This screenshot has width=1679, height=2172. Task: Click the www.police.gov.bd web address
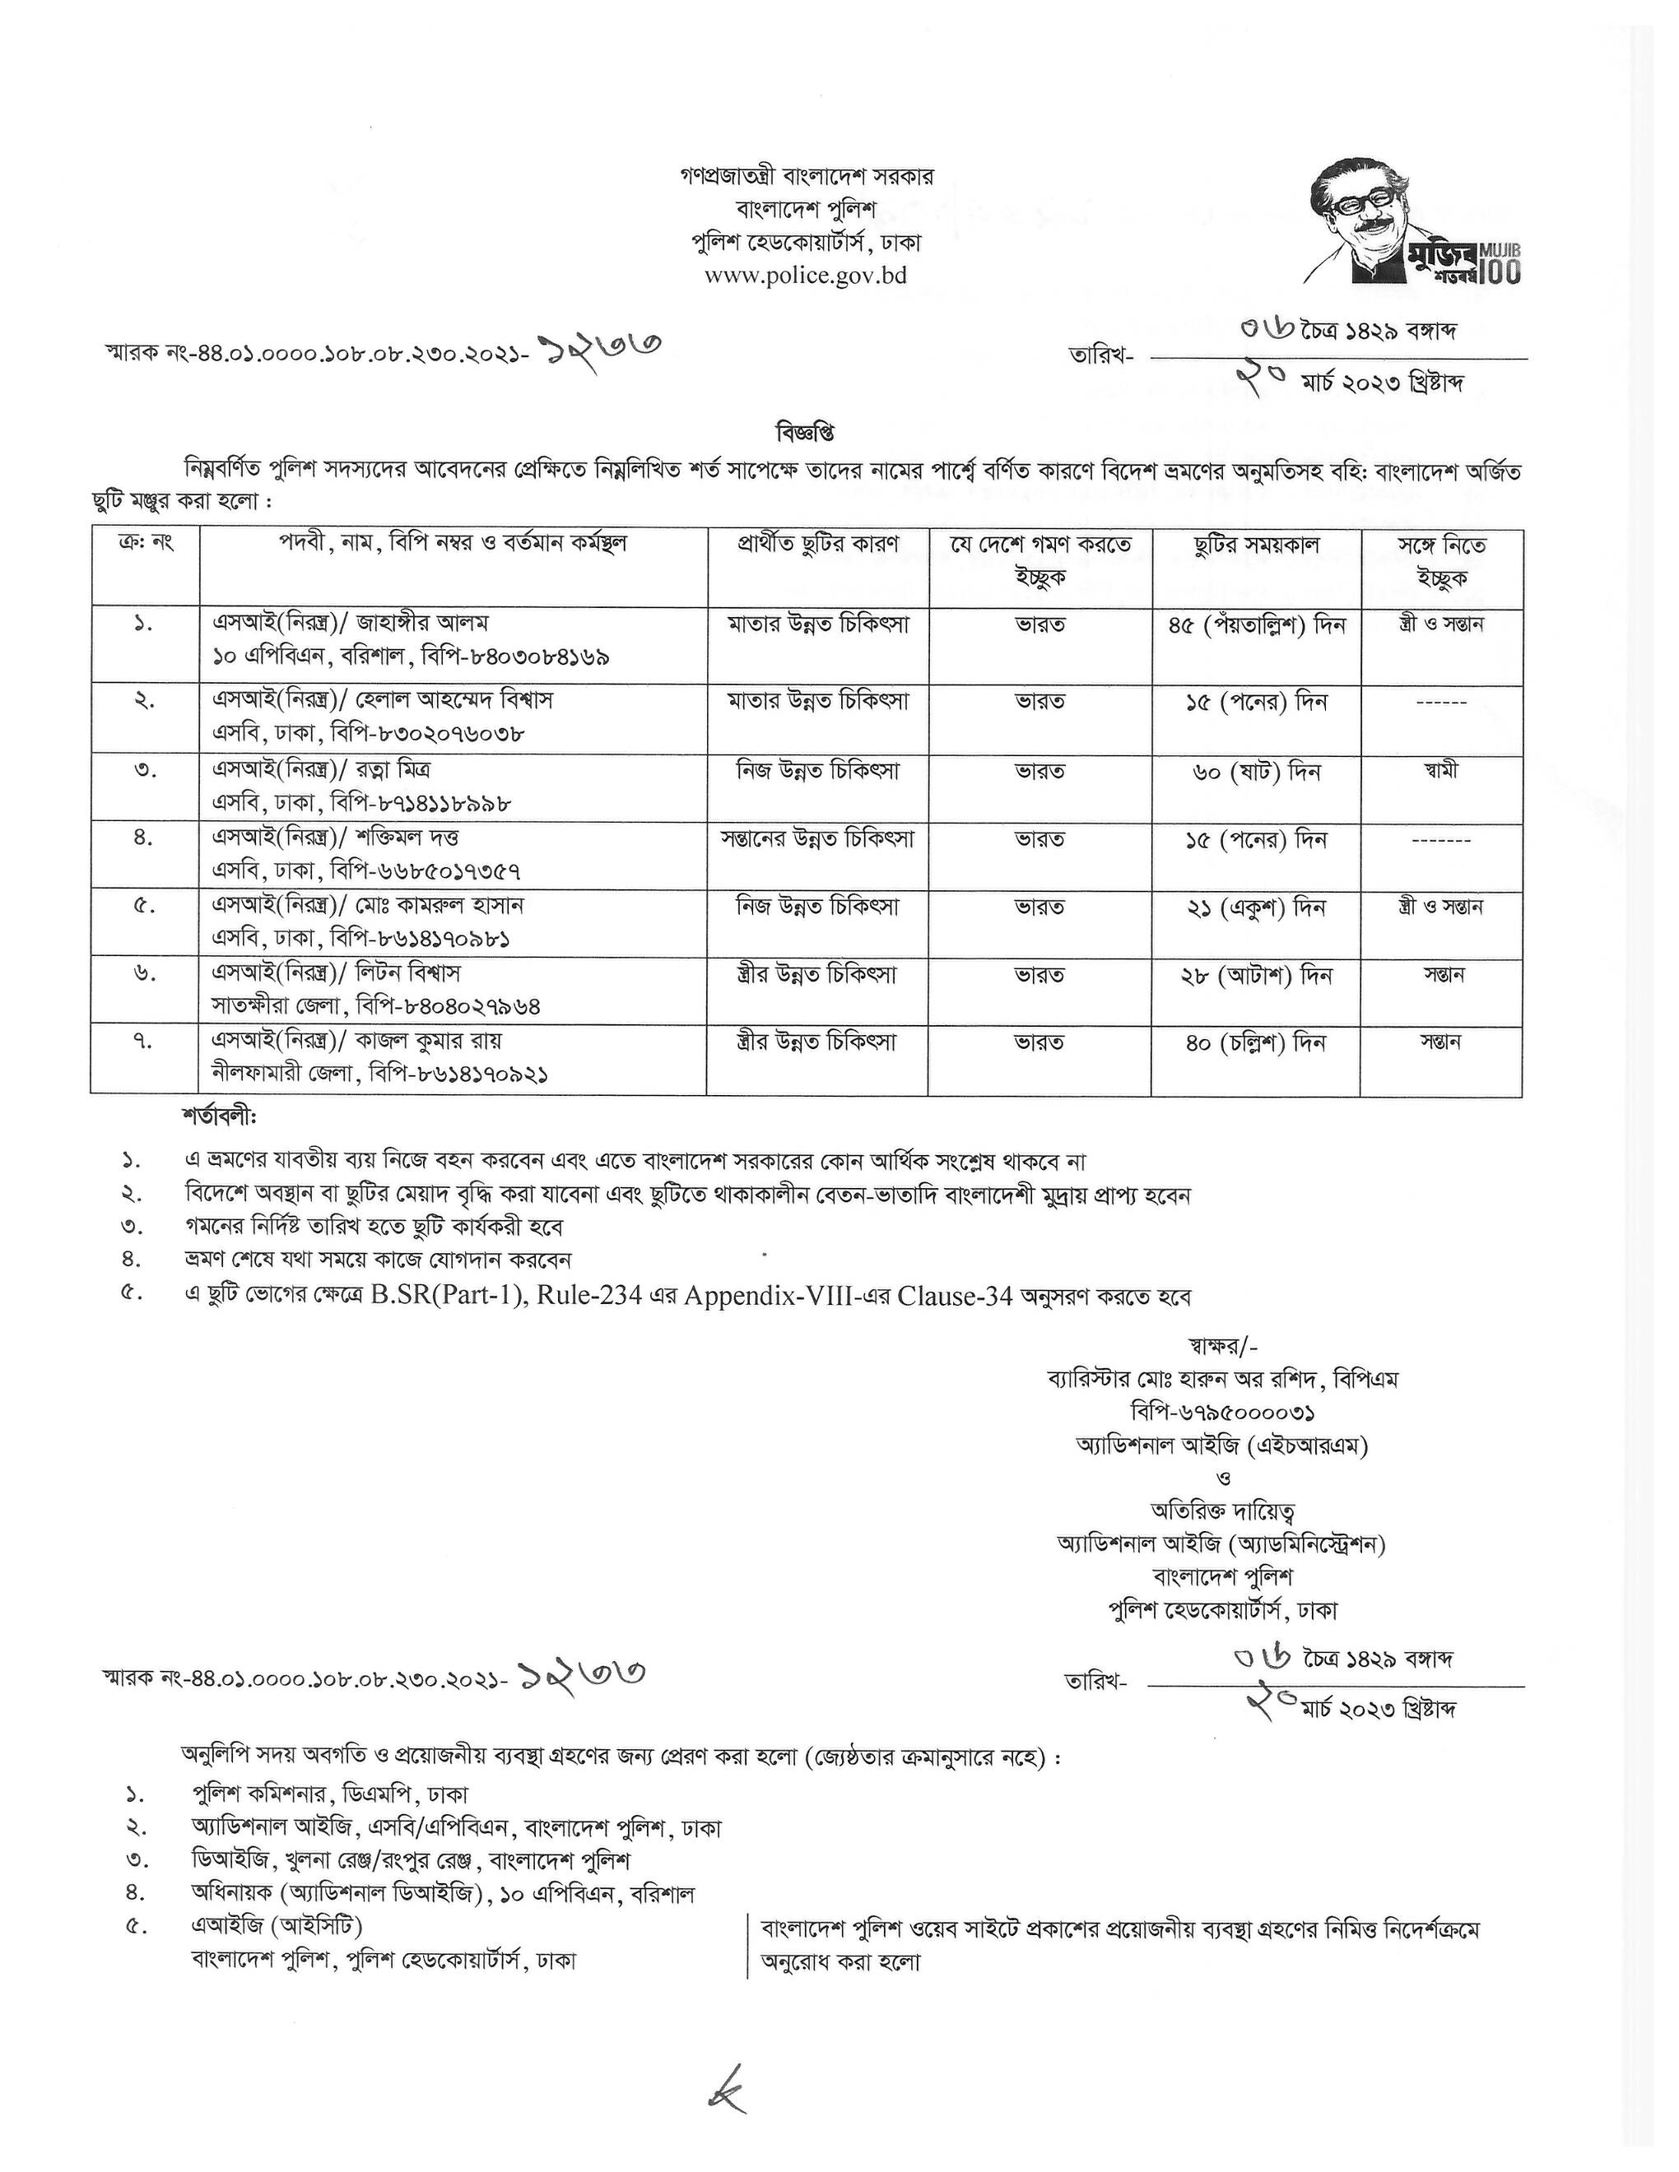(x=806, y=276)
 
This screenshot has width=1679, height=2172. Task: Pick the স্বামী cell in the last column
(x=1439, y=770)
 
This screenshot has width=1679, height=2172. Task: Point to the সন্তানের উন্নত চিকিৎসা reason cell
(x=816, y=838)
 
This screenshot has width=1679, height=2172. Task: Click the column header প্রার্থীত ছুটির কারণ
(x=816, y=544)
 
